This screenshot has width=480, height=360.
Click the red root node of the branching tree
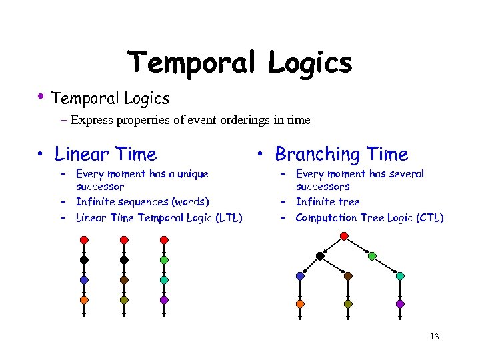click(x=343, y=236)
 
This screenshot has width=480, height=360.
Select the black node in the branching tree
click(x=320, y=256)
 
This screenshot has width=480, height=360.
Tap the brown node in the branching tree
click(x=348, y=275)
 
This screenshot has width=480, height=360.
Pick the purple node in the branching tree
click(x=400, y=303)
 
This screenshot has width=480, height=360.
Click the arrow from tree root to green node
click(x=359, y=246)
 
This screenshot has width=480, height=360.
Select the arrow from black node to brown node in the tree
click(x=334, y=266)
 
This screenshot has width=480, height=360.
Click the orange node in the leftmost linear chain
click(x=84, y=300)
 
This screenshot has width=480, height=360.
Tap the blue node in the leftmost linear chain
click(x=84, y=280)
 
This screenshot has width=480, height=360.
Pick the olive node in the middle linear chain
click(x=124, y=300)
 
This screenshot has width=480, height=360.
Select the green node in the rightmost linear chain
click(x=164, y=260)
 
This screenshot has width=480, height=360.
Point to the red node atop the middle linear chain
click(x=124, y=239)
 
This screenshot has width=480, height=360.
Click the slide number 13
click(x=435, y=336)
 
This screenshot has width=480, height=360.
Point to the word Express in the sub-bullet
click(x=92, y=121)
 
